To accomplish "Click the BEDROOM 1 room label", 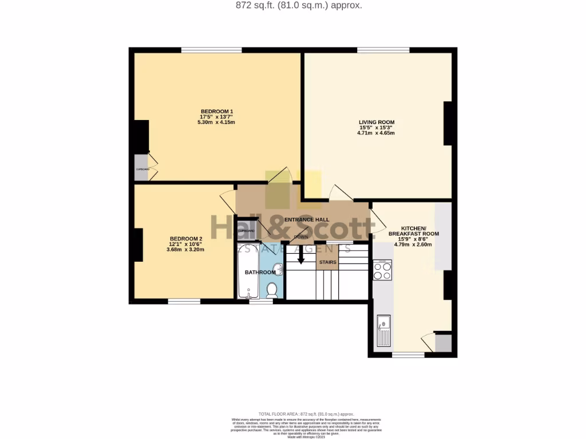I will [216, 111].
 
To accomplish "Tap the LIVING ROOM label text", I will [376, 122].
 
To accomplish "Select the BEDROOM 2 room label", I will [186, 238].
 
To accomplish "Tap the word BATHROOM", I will [260, 273].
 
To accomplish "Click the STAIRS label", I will [327, 262].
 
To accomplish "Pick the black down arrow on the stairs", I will [301, 258].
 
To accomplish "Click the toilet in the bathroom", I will [272, 290].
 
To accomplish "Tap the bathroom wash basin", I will [278, 269].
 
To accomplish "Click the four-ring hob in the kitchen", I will [382, 270].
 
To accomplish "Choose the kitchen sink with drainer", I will [383, 331].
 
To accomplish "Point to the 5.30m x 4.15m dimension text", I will [216, 122].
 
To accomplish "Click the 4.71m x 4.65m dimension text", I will [376, 133].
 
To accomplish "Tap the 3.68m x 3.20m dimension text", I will [186, 250].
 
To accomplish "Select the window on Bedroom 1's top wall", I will [212, 50].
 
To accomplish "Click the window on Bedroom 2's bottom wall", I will [184, 301].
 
